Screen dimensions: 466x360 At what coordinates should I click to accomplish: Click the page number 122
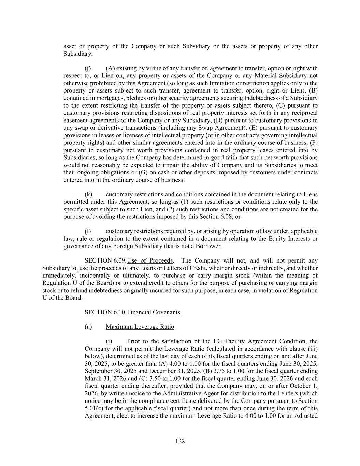[180, 441]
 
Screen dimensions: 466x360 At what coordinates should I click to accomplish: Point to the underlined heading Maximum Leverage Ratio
[140, 327]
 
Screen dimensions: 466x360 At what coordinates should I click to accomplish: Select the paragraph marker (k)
[88, 194]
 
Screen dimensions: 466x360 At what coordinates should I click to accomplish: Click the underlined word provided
[182, 386]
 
